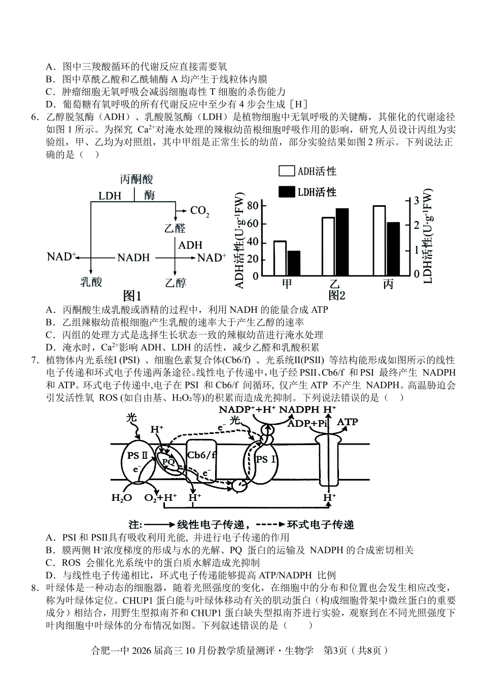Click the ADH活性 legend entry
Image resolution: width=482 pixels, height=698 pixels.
[x=307, y=172]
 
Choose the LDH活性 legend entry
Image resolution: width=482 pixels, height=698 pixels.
[x=307, y=192]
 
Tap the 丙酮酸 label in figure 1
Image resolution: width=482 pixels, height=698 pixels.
[x=136, y=179]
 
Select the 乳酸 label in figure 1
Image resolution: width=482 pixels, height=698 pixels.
[x=91, y=282]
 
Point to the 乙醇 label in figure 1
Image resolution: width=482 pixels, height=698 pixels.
[x=176, y=282]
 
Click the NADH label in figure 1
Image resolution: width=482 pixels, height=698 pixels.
[x=133, y=258]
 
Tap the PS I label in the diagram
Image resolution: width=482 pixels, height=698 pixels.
[x=266, y=460]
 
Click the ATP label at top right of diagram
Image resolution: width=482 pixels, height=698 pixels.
[x=348, y=422]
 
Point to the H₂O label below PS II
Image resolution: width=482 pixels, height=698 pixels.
[x=121, y=498]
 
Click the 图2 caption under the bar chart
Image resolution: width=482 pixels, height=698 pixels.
[x=336, y=296]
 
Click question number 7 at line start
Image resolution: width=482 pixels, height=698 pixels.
[x=35, y=360]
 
